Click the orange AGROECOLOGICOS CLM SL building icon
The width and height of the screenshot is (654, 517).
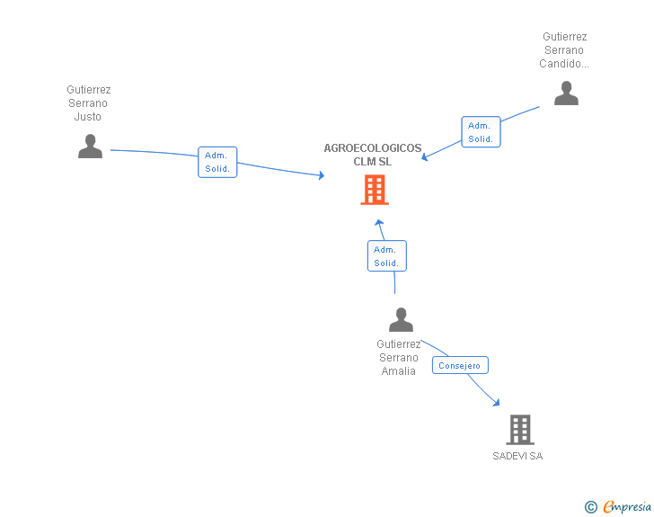coord(375,190)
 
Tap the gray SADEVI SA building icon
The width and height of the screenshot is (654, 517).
coord(520,430)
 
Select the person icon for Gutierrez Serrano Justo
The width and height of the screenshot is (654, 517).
coord(90,146)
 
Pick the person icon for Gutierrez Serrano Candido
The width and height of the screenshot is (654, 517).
coord(566,93)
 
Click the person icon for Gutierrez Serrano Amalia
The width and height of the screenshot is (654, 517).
coord(401,319)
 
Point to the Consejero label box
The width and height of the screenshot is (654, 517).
coord(460,365)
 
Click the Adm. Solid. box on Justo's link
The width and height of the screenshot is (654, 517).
coord(217,162)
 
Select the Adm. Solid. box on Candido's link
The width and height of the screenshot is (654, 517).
coord(481,132)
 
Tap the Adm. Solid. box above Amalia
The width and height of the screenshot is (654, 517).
coord(386,256)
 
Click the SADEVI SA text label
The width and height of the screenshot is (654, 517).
coord(517,456)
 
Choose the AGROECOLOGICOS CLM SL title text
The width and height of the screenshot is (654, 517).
coord(373,155)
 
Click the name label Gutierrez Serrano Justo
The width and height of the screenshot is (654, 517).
coord(89,103)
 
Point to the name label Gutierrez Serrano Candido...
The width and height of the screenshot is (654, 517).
coord(564,50)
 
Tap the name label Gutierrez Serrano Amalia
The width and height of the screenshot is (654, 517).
coord(399,357)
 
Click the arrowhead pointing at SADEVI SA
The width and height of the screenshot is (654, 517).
coord(496,403)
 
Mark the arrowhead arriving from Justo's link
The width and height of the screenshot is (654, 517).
coord(321,176)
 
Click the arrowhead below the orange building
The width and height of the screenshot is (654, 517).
coord(379,223)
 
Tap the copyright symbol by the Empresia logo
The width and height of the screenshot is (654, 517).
coord(590,507)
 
